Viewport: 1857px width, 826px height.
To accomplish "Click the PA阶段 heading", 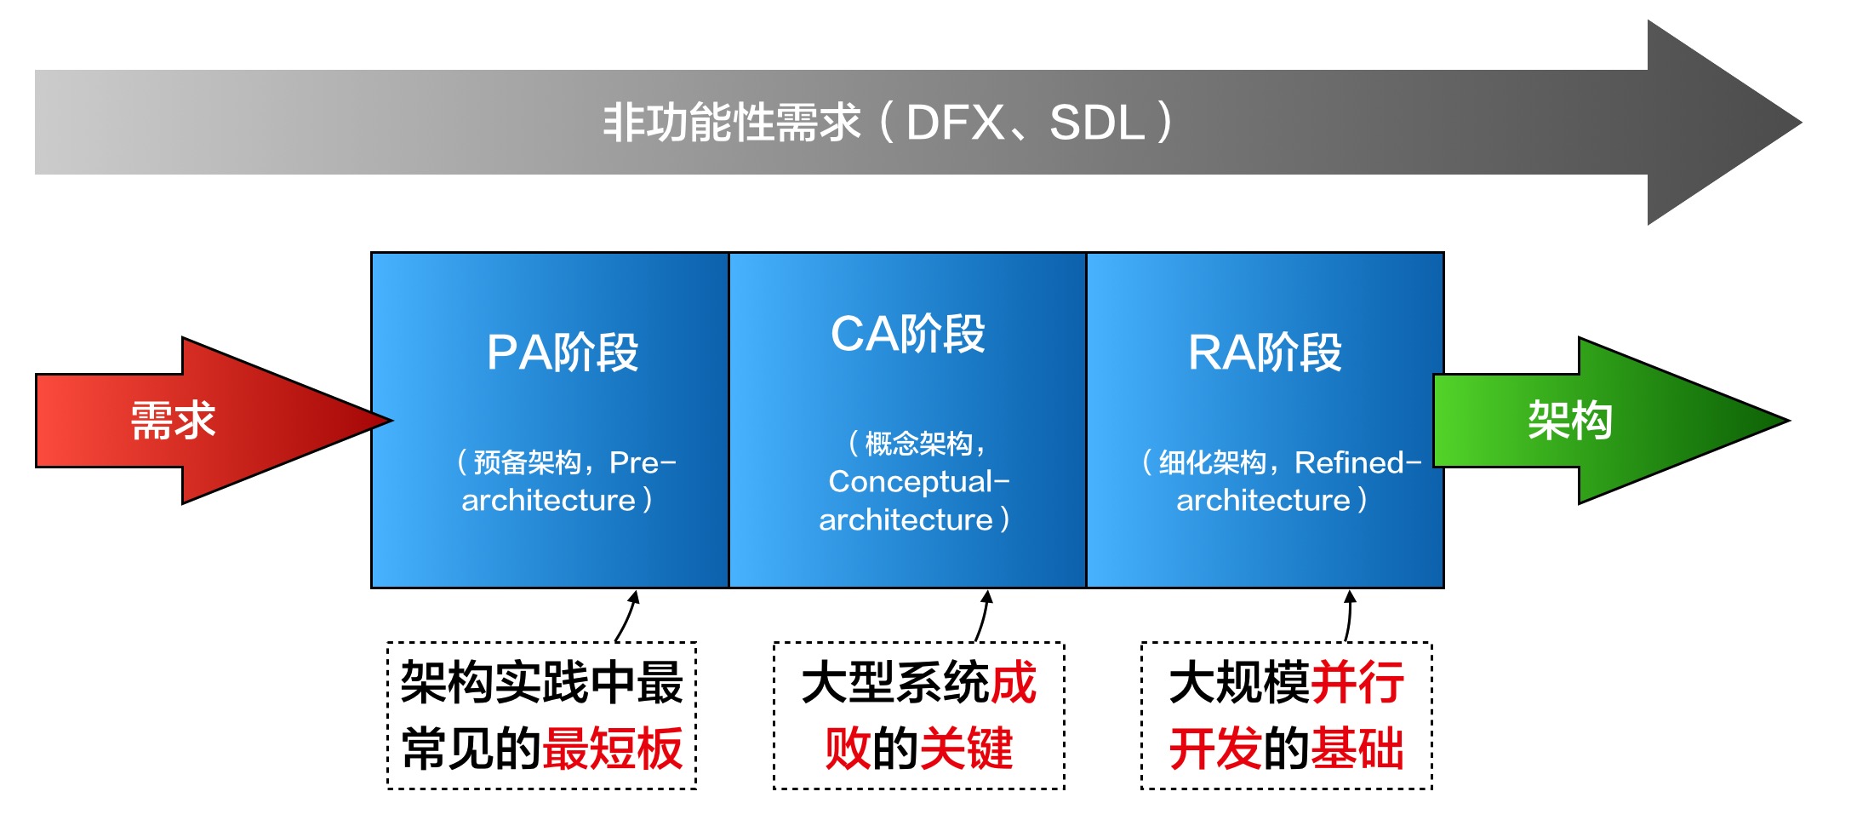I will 563,353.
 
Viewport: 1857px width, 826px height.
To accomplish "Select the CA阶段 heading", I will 907,334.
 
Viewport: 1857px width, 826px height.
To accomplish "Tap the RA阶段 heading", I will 1265,353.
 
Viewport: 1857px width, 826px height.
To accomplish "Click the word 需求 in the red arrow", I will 173,421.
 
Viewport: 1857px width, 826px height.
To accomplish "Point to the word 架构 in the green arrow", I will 1569,421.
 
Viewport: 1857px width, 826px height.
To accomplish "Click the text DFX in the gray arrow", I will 955,123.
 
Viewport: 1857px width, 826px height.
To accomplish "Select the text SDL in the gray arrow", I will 1097,123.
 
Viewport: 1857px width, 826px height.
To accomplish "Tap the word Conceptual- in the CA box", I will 918,482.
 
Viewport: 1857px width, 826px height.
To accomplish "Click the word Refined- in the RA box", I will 1357,462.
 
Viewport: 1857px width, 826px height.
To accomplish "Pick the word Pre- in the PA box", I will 643,462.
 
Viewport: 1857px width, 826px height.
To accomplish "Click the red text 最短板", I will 613,749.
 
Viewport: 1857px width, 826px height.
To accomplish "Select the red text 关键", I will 967,749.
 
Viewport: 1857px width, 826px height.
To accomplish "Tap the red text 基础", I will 1357,749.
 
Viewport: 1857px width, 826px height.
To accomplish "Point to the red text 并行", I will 1357,683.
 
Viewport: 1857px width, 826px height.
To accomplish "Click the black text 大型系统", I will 894,683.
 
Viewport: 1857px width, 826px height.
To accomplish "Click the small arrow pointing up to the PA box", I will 629,615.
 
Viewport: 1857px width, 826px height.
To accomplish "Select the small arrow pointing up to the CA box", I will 984,615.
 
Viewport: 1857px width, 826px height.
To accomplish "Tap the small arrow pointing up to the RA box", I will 1349,615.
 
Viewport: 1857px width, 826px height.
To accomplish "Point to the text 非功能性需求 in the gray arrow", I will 732,123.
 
